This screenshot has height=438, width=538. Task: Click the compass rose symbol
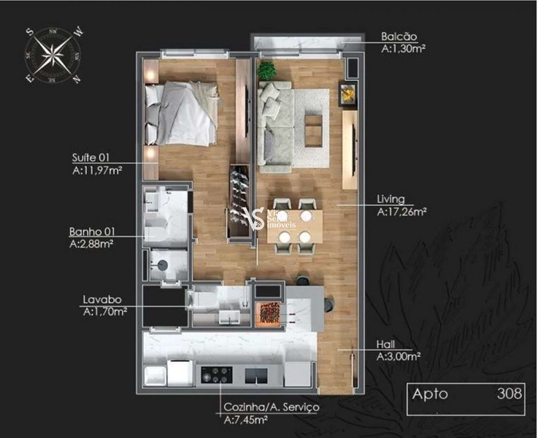[53, 54]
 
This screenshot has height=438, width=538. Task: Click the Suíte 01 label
[92, 157]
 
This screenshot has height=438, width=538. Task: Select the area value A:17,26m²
[401, 212]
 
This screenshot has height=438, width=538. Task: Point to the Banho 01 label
[91, 232]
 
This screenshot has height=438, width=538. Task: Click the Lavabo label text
[101, 299]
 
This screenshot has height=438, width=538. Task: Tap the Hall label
[386, 345]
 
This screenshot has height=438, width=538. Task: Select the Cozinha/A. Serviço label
[271, 407]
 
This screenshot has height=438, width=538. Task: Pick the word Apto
[431, 394]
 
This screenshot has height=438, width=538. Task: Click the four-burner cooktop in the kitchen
[216, 374]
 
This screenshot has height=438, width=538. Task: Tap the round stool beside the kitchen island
[327, 303]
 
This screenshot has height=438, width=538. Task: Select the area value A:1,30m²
[403, 49]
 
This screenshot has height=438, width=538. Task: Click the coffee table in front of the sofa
[314, 120]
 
